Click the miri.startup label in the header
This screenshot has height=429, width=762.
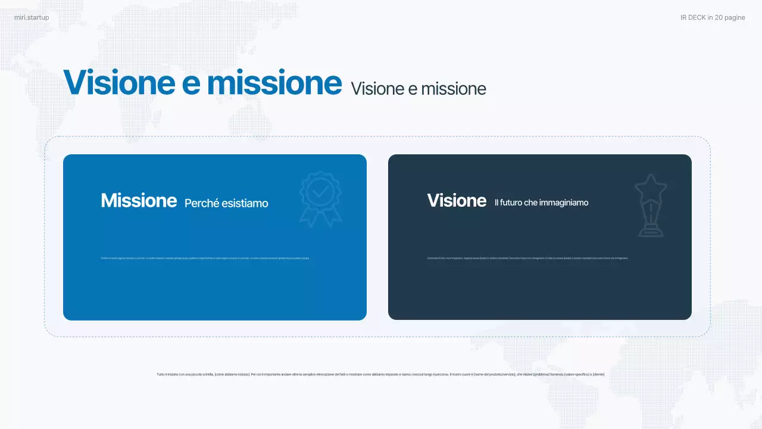tap(32, 17)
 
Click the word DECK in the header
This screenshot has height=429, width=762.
tap(697, 17)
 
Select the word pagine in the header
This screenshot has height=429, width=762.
tap(735, 17)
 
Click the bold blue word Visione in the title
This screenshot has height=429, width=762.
tap(120, 82)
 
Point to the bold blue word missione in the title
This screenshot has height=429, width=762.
tap(274, 82)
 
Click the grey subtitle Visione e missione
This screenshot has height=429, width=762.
tap(419, 89)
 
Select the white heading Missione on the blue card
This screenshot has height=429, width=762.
tap(139, 200)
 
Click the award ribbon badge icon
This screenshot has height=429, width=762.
tap(320, 198)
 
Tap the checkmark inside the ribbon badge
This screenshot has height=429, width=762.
tap(320, 191)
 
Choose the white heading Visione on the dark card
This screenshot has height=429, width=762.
tap(457, 200)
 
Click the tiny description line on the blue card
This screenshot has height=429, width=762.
tap(205, 258)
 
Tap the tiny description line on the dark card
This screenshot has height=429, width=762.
tap(527, 258)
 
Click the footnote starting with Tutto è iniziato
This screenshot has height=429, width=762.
tap(380, 374)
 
